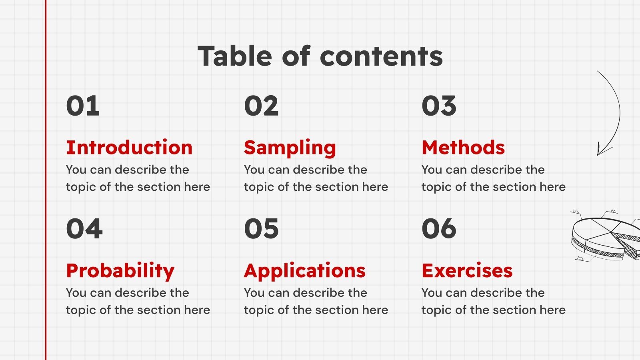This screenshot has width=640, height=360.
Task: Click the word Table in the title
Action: tap(236, 56)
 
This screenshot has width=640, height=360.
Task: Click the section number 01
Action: tap(83, 106)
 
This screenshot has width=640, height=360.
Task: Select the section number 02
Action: tap(261, 106)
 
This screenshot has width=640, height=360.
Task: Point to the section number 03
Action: tap(439, 106)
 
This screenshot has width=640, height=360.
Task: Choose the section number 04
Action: tap(84, 229)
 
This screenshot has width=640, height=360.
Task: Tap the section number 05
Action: tap(261, 229)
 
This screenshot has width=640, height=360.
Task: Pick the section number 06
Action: tap(439, 229)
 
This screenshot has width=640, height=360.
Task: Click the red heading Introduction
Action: tap(129, 147)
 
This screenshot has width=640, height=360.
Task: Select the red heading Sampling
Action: tap(290, 148)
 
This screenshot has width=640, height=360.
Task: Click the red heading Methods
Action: tap(463, 147)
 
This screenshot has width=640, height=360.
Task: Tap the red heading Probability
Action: tap(120, 271)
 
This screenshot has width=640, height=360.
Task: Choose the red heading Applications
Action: tap(305, 271)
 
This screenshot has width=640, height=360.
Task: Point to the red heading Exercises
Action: tap(467, 270)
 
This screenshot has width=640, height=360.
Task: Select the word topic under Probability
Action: tap(81, 310)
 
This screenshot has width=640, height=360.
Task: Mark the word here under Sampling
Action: tap(375, 187)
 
